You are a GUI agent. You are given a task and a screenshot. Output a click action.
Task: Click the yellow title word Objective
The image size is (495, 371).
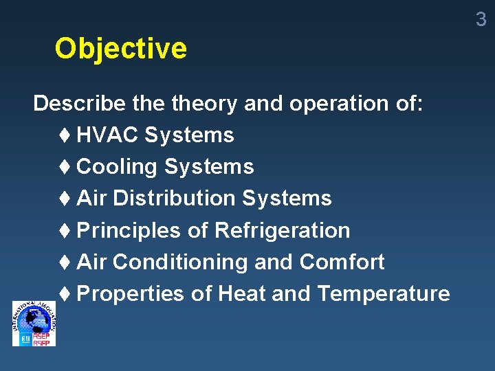click(x=120, y=49)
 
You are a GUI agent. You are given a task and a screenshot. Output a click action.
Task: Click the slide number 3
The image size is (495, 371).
click(x=481, y=20)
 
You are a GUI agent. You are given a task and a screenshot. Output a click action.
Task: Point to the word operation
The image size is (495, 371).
click(x=338, y=104)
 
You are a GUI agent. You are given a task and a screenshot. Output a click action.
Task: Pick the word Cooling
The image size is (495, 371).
click(x=117, y=167)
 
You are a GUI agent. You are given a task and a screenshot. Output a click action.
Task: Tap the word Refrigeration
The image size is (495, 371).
click(x=283, y=230)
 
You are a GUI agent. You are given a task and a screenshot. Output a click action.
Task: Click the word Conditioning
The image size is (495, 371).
click(x=180, y=262)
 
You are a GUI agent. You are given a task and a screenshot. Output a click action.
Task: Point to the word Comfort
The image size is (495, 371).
click(x=342, y=262)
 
